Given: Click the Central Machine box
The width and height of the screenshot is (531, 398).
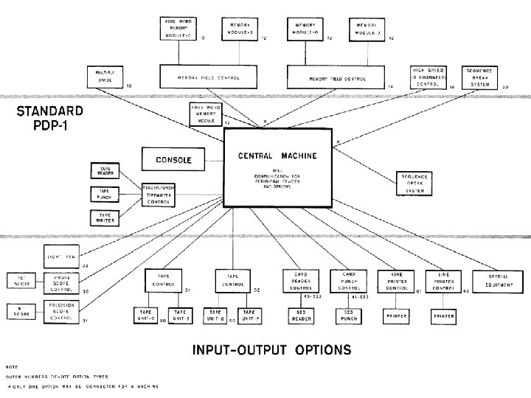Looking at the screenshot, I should click(277, 167).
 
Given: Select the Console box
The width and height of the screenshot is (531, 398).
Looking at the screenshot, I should click(173, 159).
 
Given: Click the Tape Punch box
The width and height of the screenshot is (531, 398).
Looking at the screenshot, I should click(105, 194).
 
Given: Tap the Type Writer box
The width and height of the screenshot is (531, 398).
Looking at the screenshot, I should click(105, 217).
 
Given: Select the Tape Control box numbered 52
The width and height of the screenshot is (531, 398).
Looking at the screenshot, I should click(232, 280).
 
